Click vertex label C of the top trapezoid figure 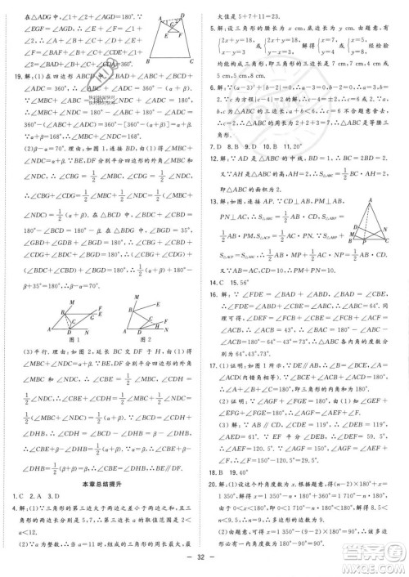coord(190,62)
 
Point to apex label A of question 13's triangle coord(375,203)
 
